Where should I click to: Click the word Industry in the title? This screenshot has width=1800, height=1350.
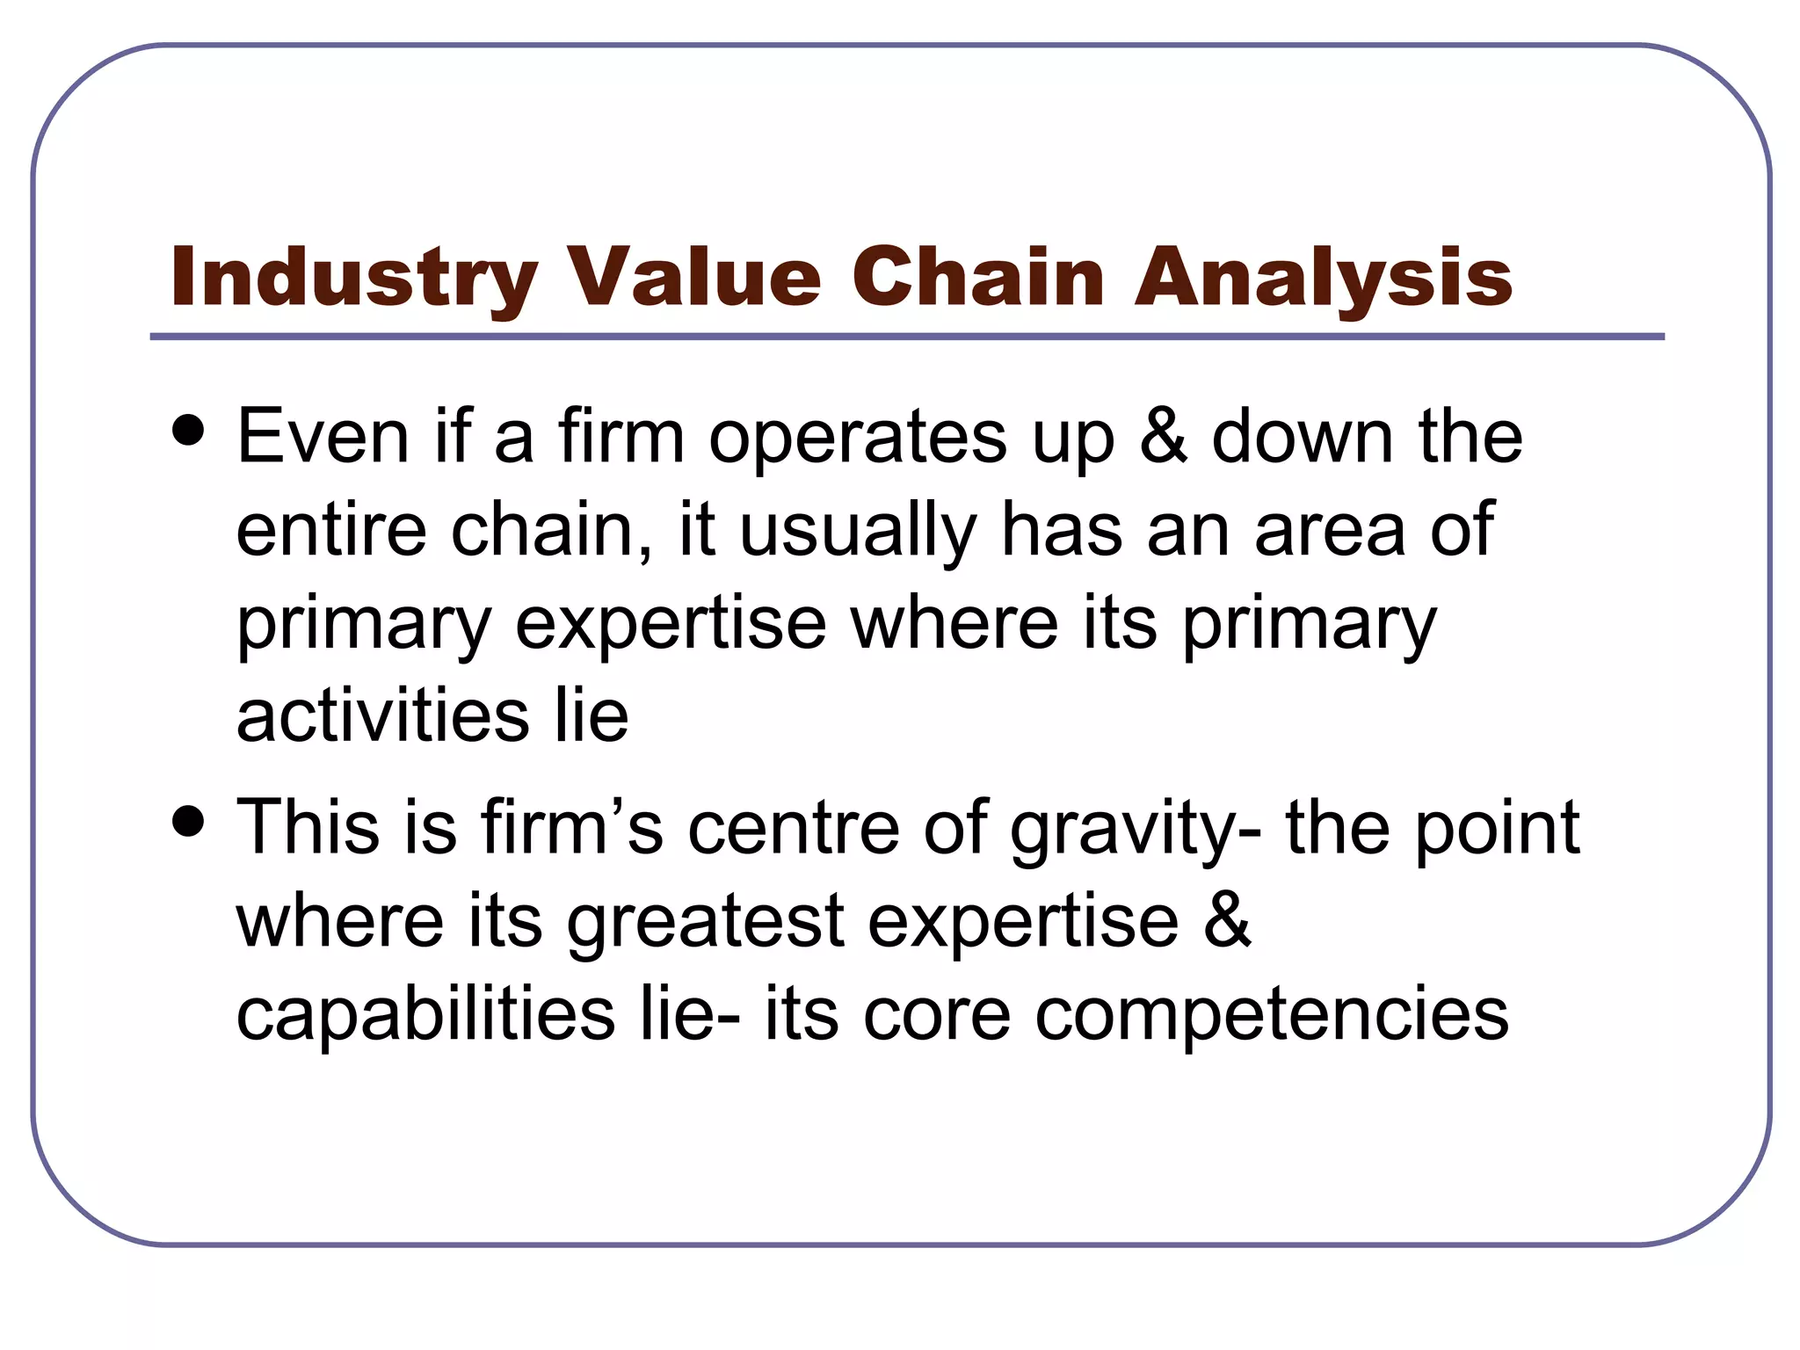pos(353,278)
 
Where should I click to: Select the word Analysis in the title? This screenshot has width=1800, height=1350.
pos(1324,278)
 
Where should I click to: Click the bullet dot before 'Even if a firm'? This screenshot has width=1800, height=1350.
pos(189,431)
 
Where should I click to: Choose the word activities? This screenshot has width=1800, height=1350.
pos(383,715)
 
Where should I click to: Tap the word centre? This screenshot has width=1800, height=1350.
pos(794,829)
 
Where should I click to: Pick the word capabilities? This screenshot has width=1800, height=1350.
pos(426,1014)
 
